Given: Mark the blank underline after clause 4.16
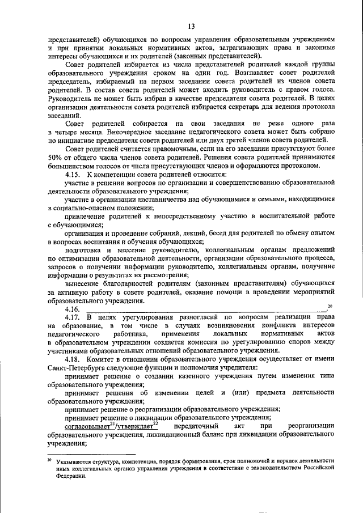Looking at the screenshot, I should tap(204, 311).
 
